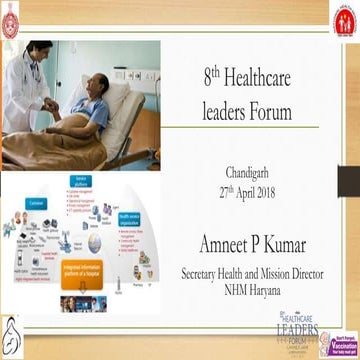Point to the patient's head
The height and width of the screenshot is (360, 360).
coord(98,87)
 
